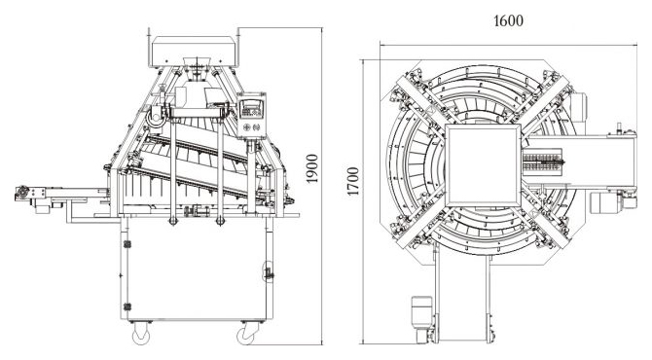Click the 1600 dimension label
pyautogui.click(x=508, y=20)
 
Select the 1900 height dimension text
pyautogui.click(x=311, y=168)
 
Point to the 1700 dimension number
pyautogui.click(x=352, y=181)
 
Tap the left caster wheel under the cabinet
pyautogui.click(x=141, y=334)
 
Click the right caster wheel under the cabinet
pyautogui.click(x=247, y=334)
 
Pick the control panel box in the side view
pyautogui.click(x=251, y=115)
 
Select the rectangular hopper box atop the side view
pyautogui.click(x=194, y=51)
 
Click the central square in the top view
pyautogui.click(x=484, y=165)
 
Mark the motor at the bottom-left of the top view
pyautogui.click(x=422, y=319)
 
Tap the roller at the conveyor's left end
pyautogui.click(x=22, y=193)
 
